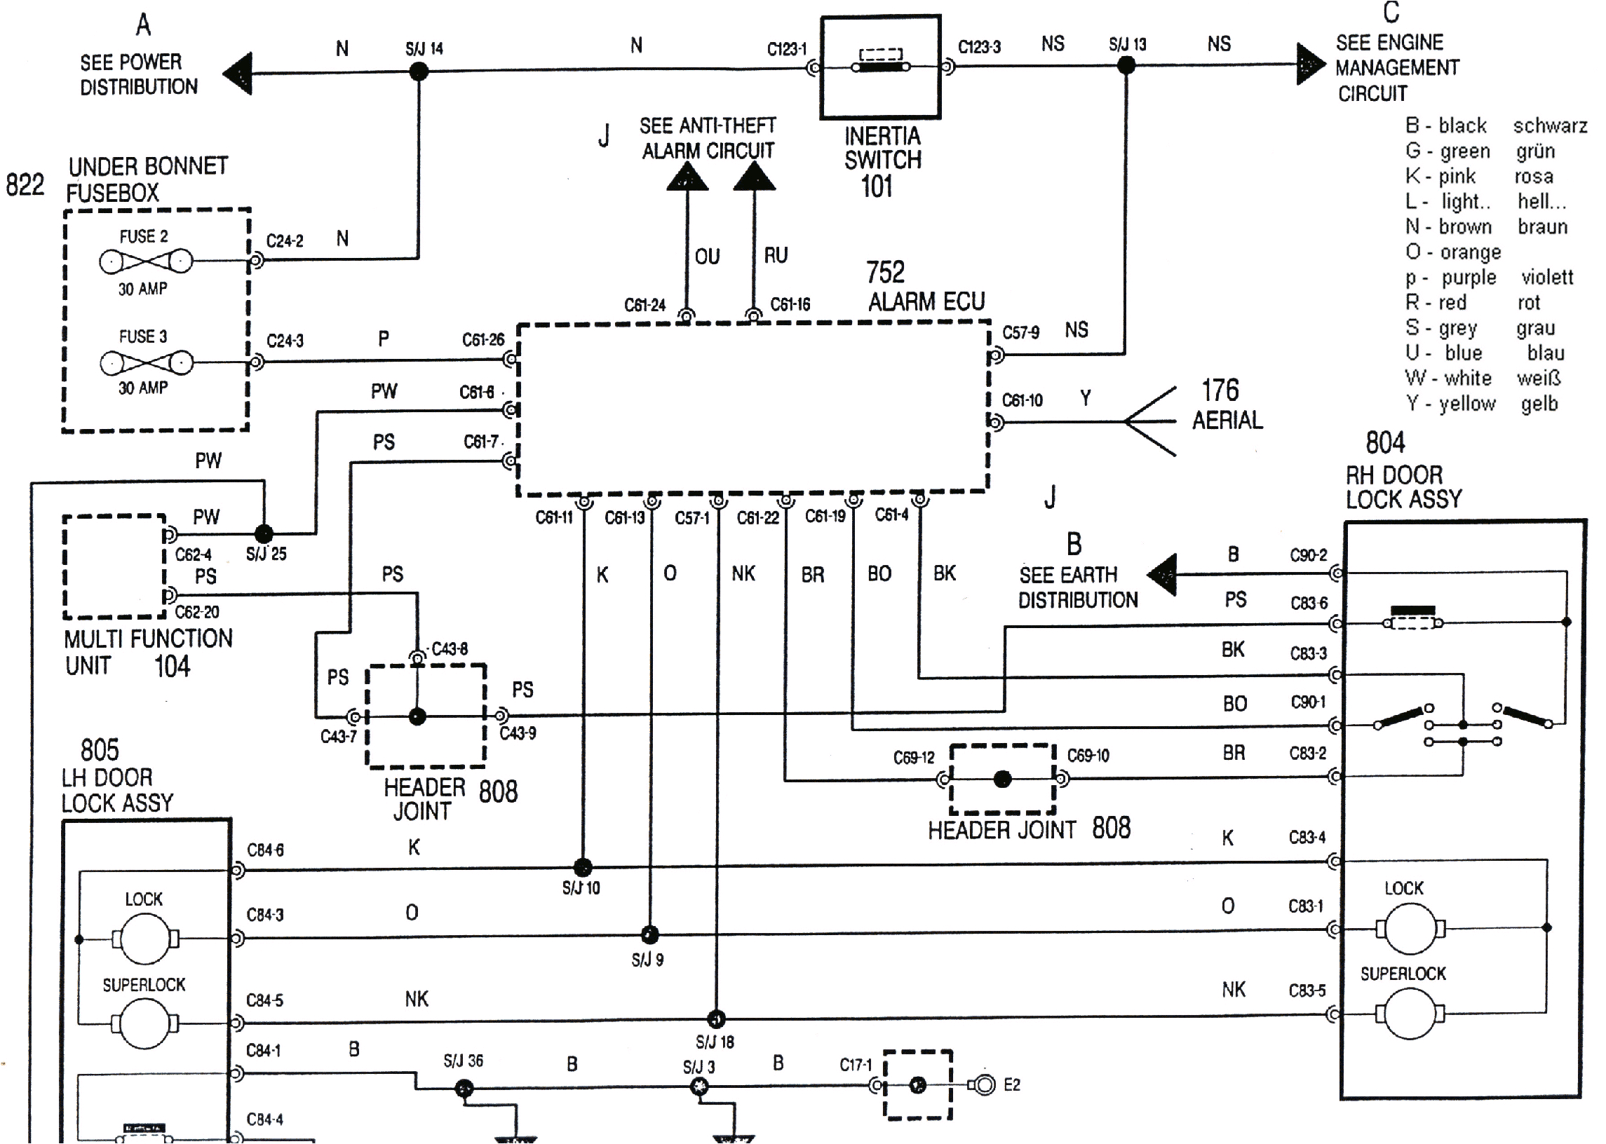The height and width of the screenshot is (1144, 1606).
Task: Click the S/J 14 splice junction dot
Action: [x=419, y=71]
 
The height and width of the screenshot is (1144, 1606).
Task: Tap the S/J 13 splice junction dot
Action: [x=1126, y=65]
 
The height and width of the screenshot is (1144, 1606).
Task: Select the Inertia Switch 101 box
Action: [x=880, y=67]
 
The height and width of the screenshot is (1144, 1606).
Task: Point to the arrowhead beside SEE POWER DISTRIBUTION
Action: [x=240, y=74]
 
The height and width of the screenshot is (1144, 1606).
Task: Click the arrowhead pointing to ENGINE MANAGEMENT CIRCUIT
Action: [x=1310, y=64]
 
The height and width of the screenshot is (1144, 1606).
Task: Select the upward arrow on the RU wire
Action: [x=754, y=177]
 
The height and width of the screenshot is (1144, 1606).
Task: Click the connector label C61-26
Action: [x=483, y=340]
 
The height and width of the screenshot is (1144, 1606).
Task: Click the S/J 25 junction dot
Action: [x=264, y=533]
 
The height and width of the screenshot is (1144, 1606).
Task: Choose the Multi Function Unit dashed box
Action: [x=114, y=566]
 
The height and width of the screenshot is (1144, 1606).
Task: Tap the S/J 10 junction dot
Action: [x=582, y=867]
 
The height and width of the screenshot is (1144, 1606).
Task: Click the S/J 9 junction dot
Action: [x=649, y=935]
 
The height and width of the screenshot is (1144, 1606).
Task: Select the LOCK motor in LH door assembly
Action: [x=145, y=939]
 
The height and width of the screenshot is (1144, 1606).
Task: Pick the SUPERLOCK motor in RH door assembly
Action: [x=1410, y=1014]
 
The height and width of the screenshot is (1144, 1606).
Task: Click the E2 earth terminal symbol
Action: [x=984, y=1085]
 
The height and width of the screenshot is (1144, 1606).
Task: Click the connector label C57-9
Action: [x=1020, y=332]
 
